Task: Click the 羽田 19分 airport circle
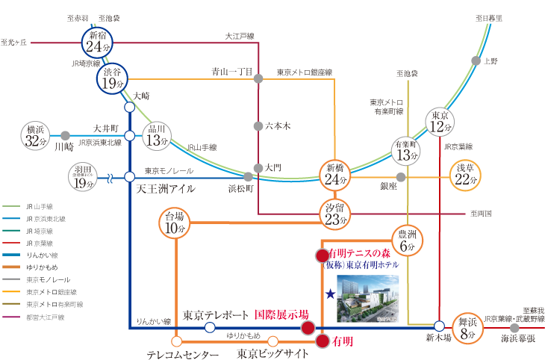coord(83,177)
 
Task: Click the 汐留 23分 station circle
coord(334,214)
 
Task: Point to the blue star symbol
coord(329,294)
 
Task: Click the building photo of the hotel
coord(368,297)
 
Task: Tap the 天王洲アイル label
coord(165,189)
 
